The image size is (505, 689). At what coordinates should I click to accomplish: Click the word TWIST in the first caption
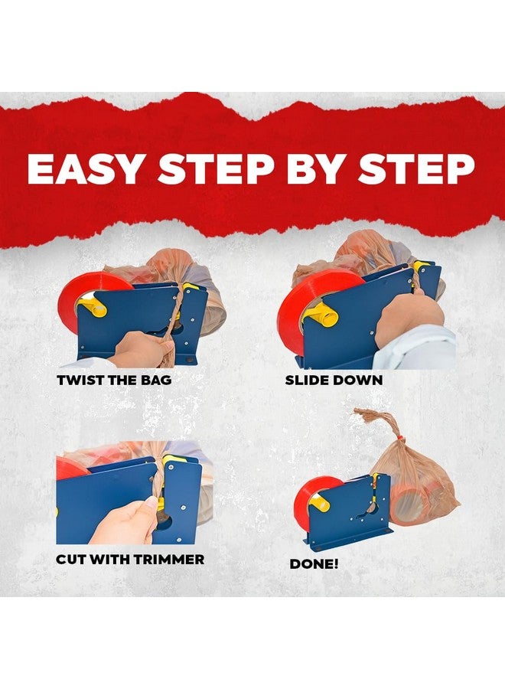(80, 380)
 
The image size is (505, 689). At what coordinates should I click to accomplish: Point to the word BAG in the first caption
(156, 380)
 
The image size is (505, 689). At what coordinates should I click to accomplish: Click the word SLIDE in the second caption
(307, 380)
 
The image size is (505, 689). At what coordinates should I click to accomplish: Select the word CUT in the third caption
(69, 560)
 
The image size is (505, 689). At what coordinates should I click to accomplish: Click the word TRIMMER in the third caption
(168, 560)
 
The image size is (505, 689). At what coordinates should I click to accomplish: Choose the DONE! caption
(314, 564)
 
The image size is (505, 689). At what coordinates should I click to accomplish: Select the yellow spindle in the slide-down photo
(323, 314)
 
